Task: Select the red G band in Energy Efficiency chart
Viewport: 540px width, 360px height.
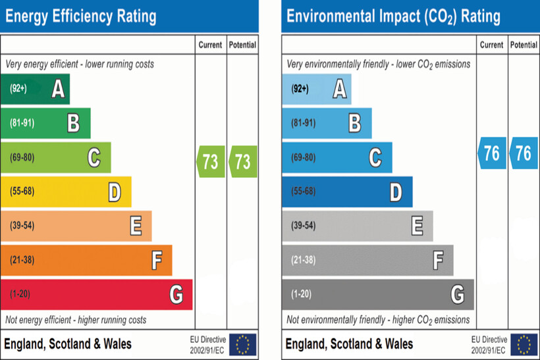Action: coord(96,294)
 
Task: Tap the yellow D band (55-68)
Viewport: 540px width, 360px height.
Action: coord(66,192)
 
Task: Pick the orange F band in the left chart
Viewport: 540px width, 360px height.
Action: coord(86,260)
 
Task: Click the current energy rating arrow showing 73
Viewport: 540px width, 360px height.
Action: coord(211,161)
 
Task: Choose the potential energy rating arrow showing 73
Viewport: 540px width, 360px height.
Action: coord(243,161)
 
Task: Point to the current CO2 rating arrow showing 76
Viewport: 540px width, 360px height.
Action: coord(492,153)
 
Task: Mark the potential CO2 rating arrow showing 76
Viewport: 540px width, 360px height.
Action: coord(524,153)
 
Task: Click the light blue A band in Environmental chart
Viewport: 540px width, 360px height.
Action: coord(317,89)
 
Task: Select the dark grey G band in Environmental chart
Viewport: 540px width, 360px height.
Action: coord(378,294)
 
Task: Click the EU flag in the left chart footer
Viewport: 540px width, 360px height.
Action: coord(242,344)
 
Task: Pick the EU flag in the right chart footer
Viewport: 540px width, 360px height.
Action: coord(524,344)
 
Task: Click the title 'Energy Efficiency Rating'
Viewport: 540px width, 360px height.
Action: coord(81,16)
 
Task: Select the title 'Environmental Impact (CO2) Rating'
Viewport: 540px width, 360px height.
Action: coord(394,16)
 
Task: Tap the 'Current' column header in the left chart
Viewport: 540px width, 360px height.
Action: coord(211,45)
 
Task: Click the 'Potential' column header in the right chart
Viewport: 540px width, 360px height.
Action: coord(524,45)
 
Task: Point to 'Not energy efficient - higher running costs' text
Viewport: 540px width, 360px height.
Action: coord(76,320)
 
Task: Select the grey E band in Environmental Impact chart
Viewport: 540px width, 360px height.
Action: coord(358,226)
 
